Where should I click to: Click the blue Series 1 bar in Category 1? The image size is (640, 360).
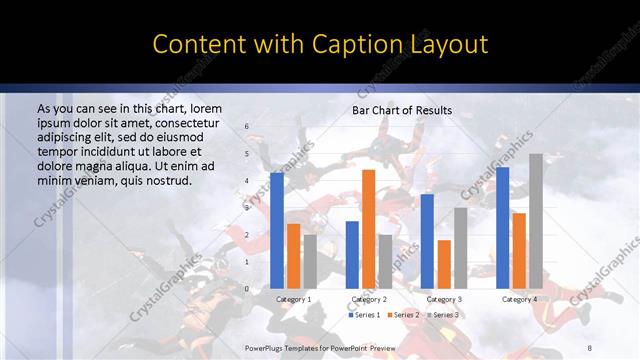[277, 230]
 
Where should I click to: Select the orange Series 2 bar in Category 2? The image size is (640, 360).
[368, 229]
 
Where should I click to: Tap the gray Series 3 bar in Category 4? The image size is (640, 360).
[535, 221]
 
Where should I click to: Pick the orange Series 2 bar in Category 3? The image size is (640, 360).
[444, 264]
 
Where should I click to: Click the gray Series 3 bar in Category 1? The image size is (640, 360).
[310, 261]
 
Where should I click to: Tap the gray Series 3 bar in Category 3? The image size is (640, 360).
[460, 248]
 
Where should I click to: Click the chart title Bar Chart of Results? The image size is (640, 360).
[402, 110]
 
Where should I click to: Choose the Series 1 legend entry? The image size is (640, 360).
[365, 315]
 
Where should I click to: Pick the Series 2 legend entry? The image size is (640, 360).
[403, 315]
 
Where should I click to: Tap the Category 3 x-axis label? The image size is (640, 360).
[444, 299]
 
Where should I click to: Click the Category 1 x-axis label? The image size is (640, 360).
[293, 299]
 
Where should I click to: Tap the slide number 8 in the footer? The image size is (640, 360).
[590, 347]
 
